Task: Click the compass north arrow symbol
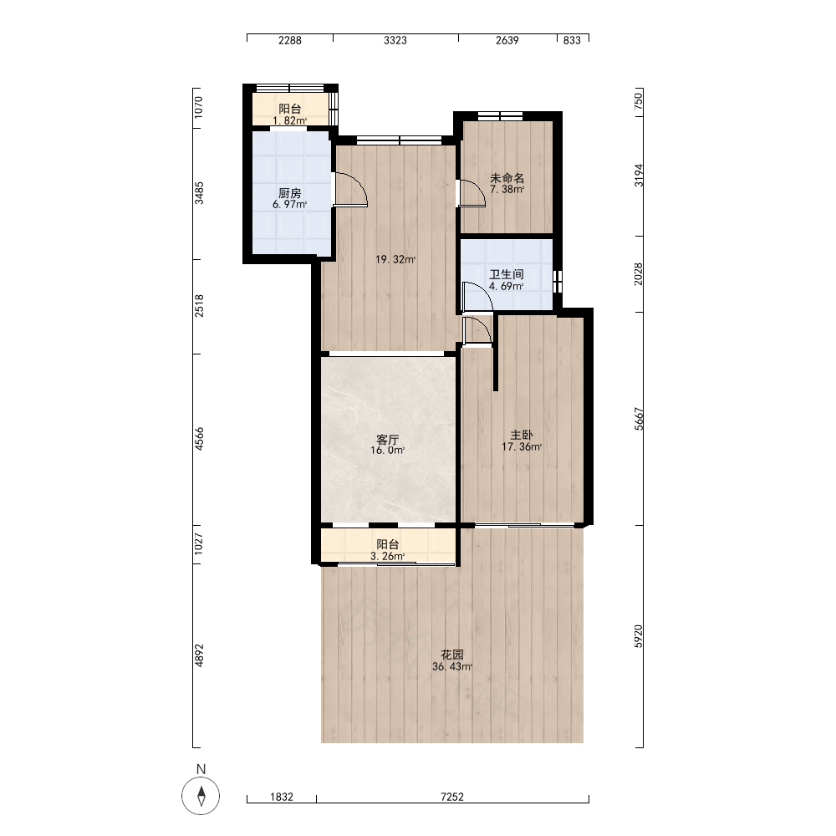click(x=201, y=795)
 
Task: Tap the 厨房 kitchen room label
click(x=289, y=193)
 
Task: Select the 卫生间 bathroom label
click(x=507, y=274)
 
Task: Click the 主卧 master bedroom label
click(x=522, y=435)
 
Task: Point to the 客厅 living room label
click(x=388, y=440)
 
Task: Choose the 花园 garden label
click(x=452, y=655)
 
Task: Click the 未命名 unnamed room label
click(x=507, y=178)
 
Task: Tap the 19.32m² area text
click(x=395, y=260)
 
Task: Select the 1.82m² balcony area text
click(x=289, y=120)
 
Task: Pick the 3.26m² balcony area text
click(x=388, y=556)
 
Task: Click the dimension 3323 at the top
click(x=395, y=40)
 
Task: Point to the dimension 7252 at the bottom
click(x=452, y=797)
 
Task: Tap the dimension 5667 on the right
click(x=639, y=419)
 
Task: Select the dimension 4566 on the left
click(x=199, y=439)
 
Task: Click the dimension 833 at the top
click(x=572, y=40)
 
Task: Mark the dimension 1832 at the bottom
click(x=282, y=797)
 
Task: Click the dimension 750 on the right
click(x=639, y=101)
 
